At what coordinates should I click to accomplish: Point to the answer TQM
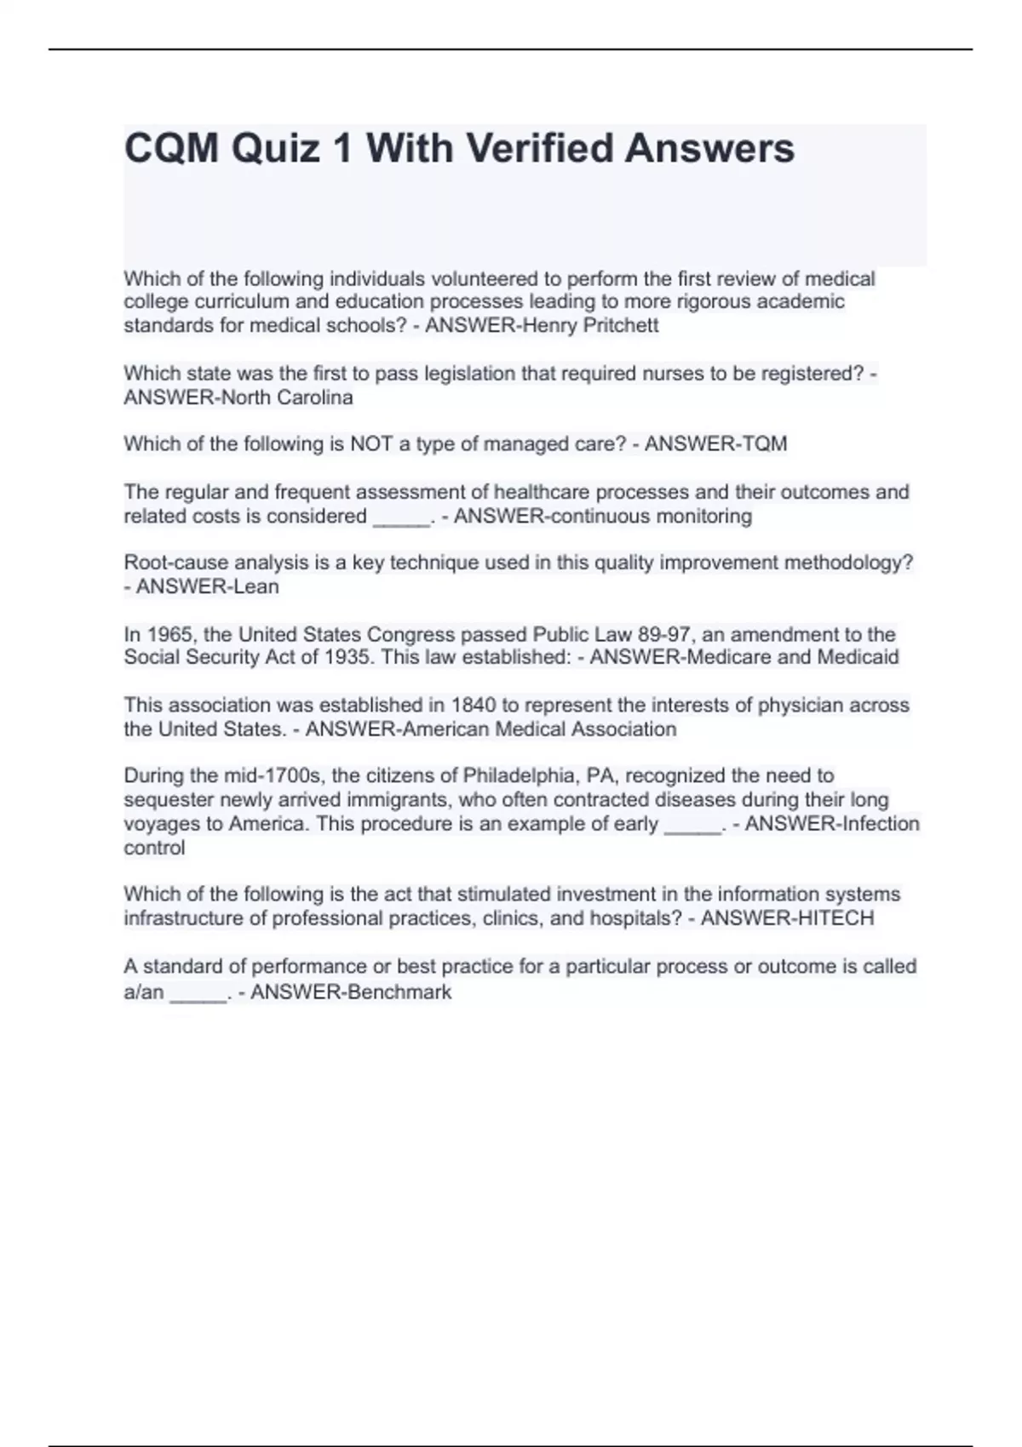pos(764,444)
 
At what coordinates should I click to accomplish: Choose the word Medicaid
pos(858,658)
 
